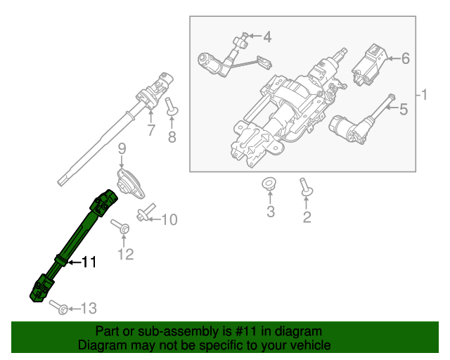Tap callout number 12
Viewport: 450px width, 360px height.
124,254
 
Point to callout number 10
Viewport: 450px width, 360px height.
169,220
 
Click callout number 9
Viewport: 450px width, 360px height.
121,148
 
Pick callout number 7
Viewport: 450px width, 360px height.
150,130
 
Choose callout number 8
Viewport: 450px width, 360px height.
172,137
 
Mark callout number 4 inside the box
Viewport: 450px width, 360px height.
267,36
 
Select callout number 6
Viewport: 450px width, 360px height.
405,59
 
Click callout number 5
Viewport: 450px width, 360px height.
404,109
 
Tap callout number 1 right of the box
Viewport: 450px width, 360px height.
423,94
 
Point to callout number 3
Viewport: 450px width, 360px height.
271,212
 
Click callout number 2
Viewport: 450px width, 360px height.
307,217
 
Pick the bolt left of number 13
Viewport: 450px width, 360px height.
62,308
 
